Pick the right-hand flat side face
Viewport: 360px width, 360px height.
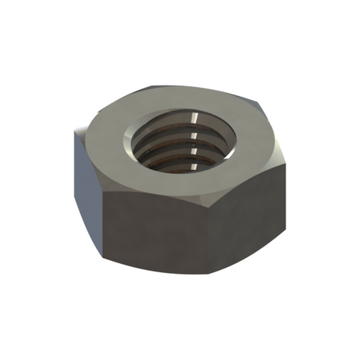coord(251,214)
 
